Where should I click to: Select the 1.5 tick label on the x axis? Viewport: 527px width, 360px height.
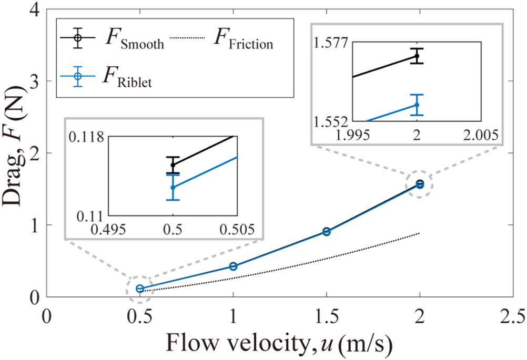coord(326,317)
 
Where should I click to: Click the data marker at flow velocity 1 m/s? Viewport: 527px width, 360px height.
coord(233,266)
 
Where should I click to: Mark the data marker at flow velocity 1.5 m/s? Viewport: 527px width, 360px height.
coord(327,231)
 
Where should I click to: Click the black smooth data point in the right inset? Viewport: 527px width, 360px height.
coord(417,56)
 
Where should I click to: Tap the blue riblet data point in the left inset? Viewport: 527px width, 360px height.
coord(173,187)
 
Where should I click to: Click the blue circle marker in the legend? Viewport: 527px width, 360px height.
coord(77,77)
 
